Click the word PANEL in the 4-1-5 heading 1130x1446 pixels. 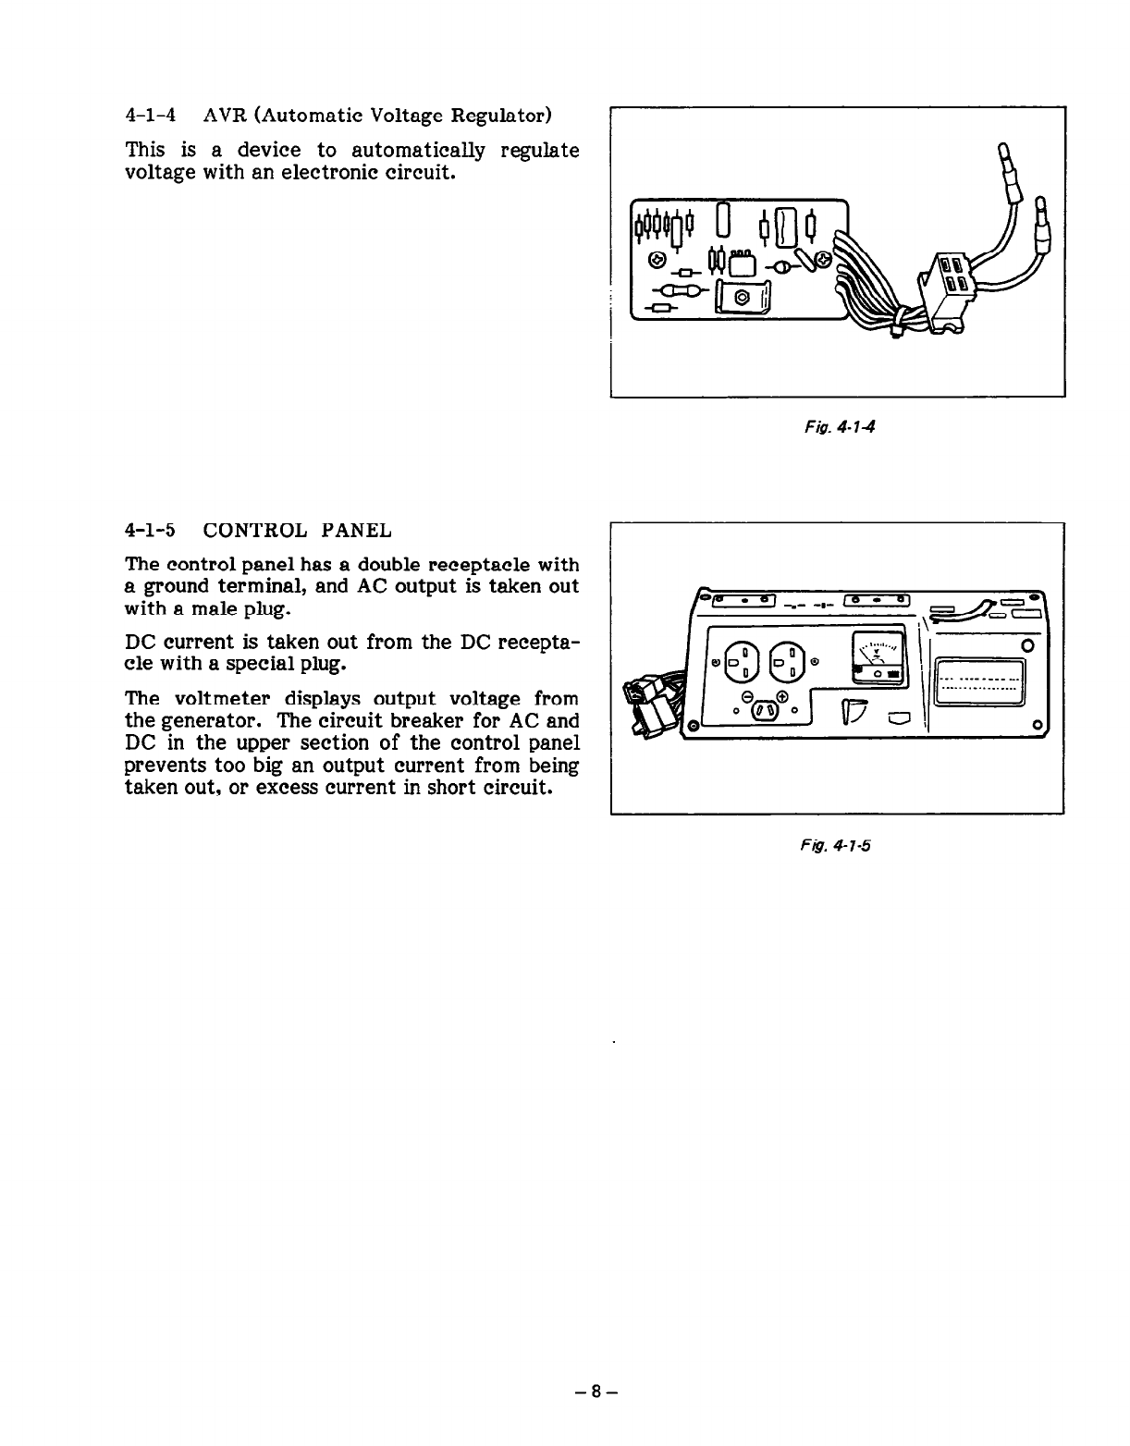click(x=356, y=531)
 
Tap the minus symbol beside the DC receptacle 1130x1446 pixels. click(x=745, y=699)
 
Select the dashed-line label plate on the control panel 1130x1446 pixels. click(x=980, y=685)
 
